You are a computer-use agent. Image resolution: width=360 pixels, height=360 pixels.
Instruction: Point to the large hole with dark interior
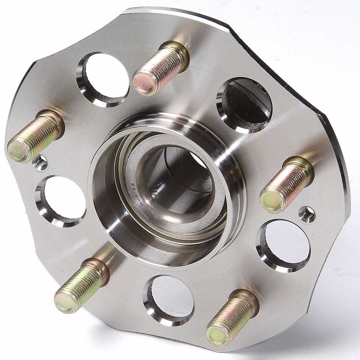tap(245, 104)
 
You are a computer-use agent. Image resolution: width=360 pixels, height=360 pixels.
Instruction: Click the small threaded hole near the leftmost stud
tap(40, 163)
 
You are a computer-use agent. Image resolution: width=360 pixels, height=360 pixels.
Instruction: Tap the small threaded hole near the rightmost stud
tap(307, 214)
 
